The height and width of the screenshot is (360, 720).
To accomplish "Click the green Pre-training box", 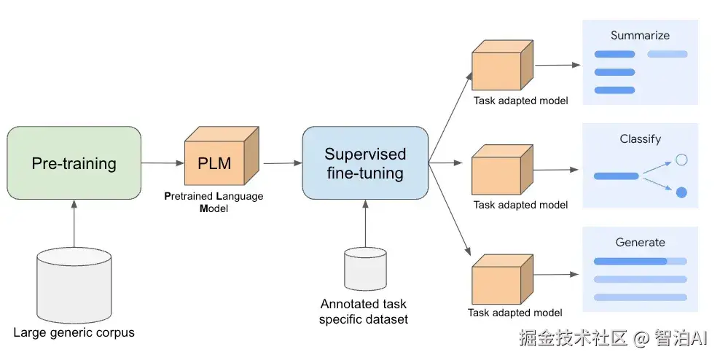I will tap(74, 163).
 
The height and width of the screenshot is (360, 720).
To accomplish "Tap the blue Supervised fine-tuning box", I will tap(364, 163).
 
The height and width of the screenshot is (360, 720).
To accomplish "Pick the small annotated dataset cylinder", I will tap(364, 269).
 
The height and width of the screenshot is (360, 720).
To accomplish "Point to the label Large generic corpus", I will tap(74, 333).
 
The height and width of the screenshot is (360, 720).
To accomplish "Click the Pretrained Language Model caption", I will tap(214, 202).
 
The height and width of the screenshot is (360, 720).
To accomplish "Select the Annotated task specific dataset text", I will tap(364, 311).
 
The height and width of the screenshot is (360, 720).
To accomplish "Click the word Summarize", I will tap(640, 35).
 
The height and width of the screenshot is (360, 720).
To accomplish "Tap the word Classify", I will tap(640, 138).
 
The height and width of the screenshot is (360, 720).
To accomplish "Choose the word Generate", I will tap(640, 242).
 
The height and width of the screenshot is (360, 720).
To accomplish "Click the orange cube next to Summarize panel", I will tap(502, 66).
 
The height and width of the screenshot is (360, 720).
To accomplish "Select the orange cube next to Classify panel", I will tap(502, 169).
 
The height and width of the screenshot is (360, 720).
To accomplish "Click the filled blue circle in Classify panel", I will tap(681, 192).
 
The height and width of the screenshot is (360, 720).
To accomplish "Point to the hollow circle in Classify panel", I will tap(681, 160).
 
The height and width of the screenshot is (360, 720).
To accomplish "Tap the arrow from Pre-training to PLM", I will tap(162, 163).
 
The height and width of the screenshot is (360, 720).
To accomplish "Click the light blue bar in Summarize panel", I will tap(667, 54).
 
